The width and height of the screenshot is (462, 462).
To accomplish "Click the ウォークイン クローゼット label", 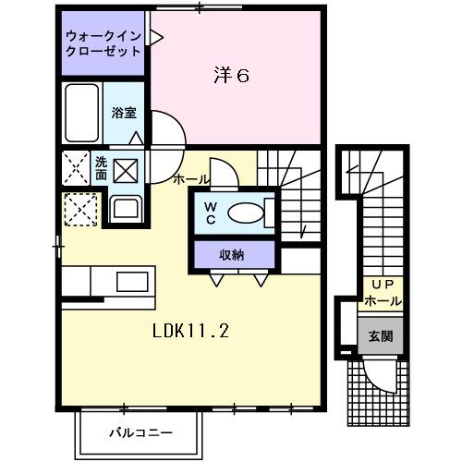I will point(103,44).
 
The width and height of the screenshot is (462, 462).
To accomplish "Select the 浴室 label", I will point(124,113).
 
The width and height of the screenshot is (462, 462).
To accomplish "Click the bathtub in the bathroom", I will point(82,114).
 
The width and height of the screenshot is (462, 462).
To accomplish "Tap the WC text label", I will point(210,213).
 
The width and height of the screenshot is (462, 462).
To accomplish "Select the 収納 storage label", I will point(232,254).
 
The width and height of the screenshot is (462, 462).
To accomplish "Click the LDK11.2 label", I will point(190,328).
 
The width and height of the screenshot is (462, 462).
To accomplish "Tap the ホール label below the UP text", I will point(382,301).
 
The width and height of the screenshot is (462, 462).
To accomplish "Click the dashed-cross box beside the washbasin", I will point(79,210).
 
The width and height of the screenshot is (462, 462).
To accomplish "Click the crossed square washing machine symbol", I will point(125,170).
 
